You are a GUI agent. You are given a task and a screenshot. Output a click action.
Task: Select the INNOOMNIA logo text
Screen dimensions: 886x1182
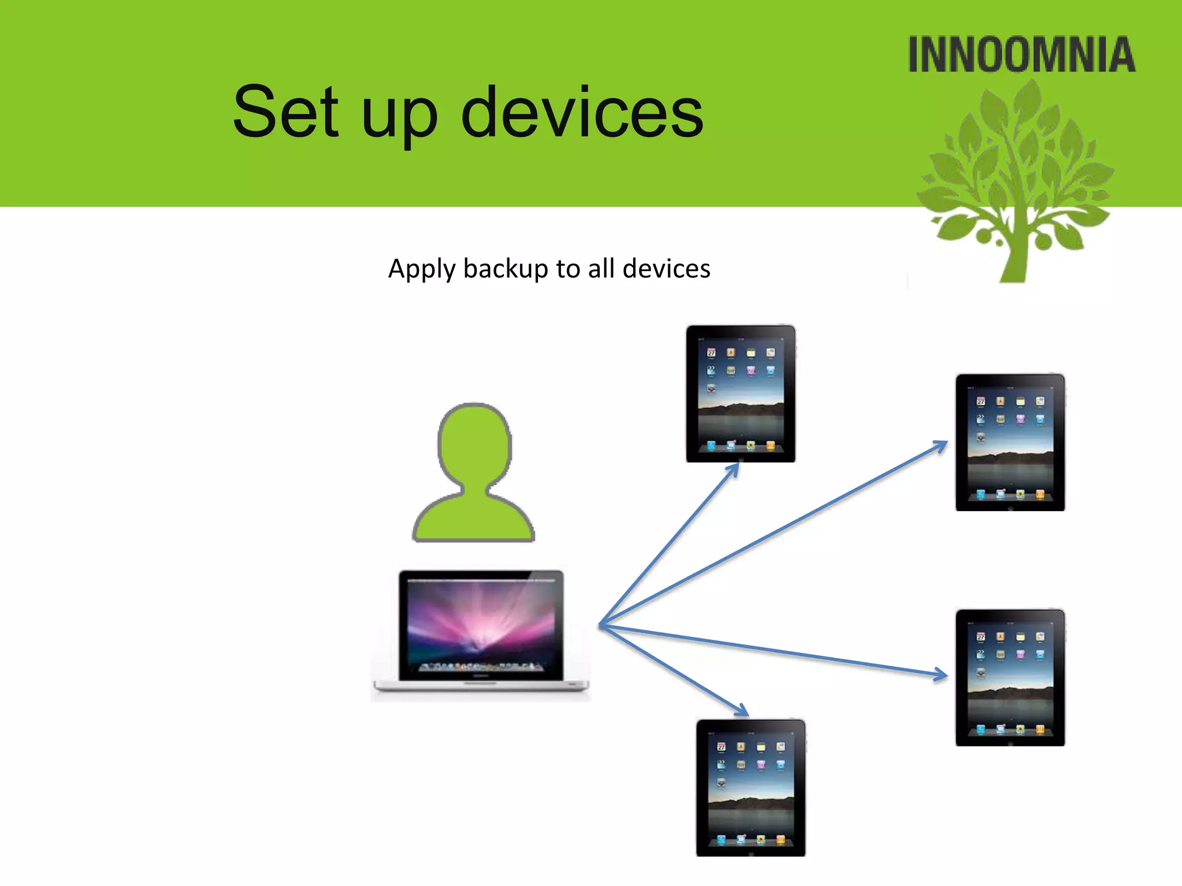pyautogui.click(x=1021, y=55)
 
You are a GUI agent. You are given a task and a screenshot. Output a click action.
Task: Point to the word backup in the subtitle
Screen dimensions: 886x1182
pyautogui.click(x=506, y=269)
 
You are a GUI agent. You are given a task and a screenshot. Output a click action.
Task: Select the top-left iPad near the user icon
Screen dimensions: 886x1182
pyautogui.click(x=740, y=393)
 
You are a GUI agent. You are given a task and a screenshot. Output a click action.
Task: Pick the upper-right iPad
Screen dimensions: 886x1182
pyautogui.click(x=1010, y=442)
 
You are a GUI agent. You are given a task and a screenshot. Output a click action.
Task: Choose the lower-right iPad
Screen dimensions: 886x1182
pyautogui.click(x=1010, y=678)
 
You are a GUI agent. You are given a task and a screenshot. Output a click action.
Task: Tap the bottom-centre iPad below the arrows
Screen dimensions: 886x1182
pyautogui.click(x=750, y=787)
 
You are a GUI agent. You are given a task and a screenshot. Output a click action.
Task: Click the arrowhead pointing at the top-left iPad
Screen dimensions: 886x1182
pyautogui.click(x=735, y=468)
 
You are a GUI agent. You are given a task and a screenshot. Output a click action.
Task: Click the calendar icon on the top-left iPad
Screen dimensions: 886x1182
pyautogui.click(x=711, y=352)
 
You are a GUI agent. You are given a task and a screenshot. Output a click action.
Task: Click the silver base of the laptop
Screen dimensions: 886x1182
pyautogui.click(x=481, y=686)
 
